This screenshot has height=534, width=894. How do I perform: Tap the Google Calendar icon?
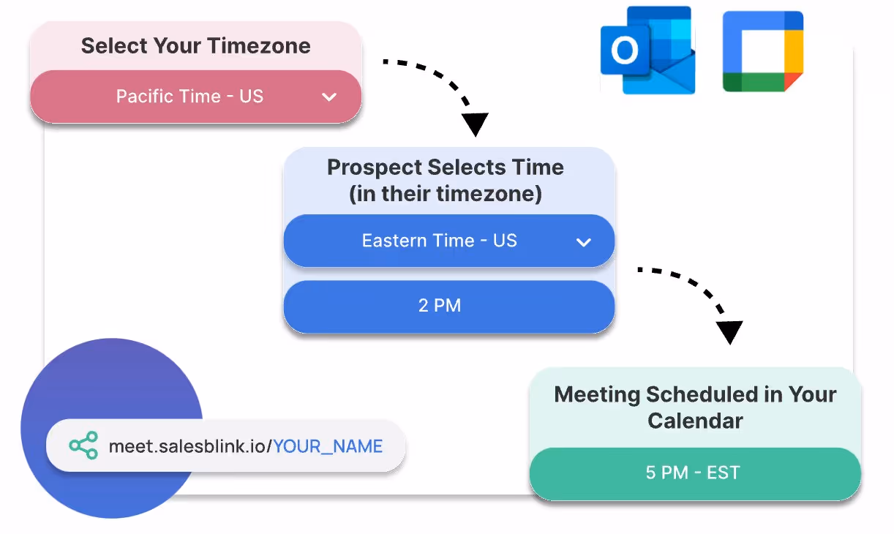(762, 51)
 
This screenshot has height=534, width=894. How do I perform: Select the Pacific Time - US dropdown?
(189, 97)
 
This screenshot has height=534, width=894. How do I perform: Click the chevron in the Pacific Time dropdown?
(329, 97)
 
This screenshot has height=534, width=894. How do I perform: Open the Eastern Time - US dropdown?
(440, 241)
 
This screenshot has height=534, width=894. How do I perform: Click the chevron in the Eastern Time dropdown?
(583, 242)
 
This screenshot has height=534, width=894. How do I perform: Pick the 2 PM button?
(440, 305)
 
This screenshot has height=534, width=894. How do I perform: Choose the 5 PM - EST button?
(693, 473)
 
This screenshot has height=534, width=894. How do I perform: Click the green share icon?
(83, 445)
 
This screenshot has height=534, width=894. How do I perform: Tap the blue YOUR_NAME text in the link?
(328, 446)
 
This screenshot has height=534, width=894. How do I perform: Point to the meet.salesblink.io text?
(189, 446)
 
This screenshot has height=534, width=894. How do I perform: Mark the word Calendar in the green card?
(695, 421)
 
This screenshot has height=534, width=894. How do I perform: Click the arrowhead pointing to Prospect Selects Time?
(476, 124)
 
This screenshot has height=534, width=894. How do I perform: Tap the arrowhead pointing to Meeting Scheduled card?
(729, 332)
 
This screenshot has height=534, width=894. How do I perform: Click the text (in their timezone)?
(445, 194)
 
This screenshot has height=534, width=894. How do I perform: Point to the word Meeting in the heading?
(596, 395)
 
